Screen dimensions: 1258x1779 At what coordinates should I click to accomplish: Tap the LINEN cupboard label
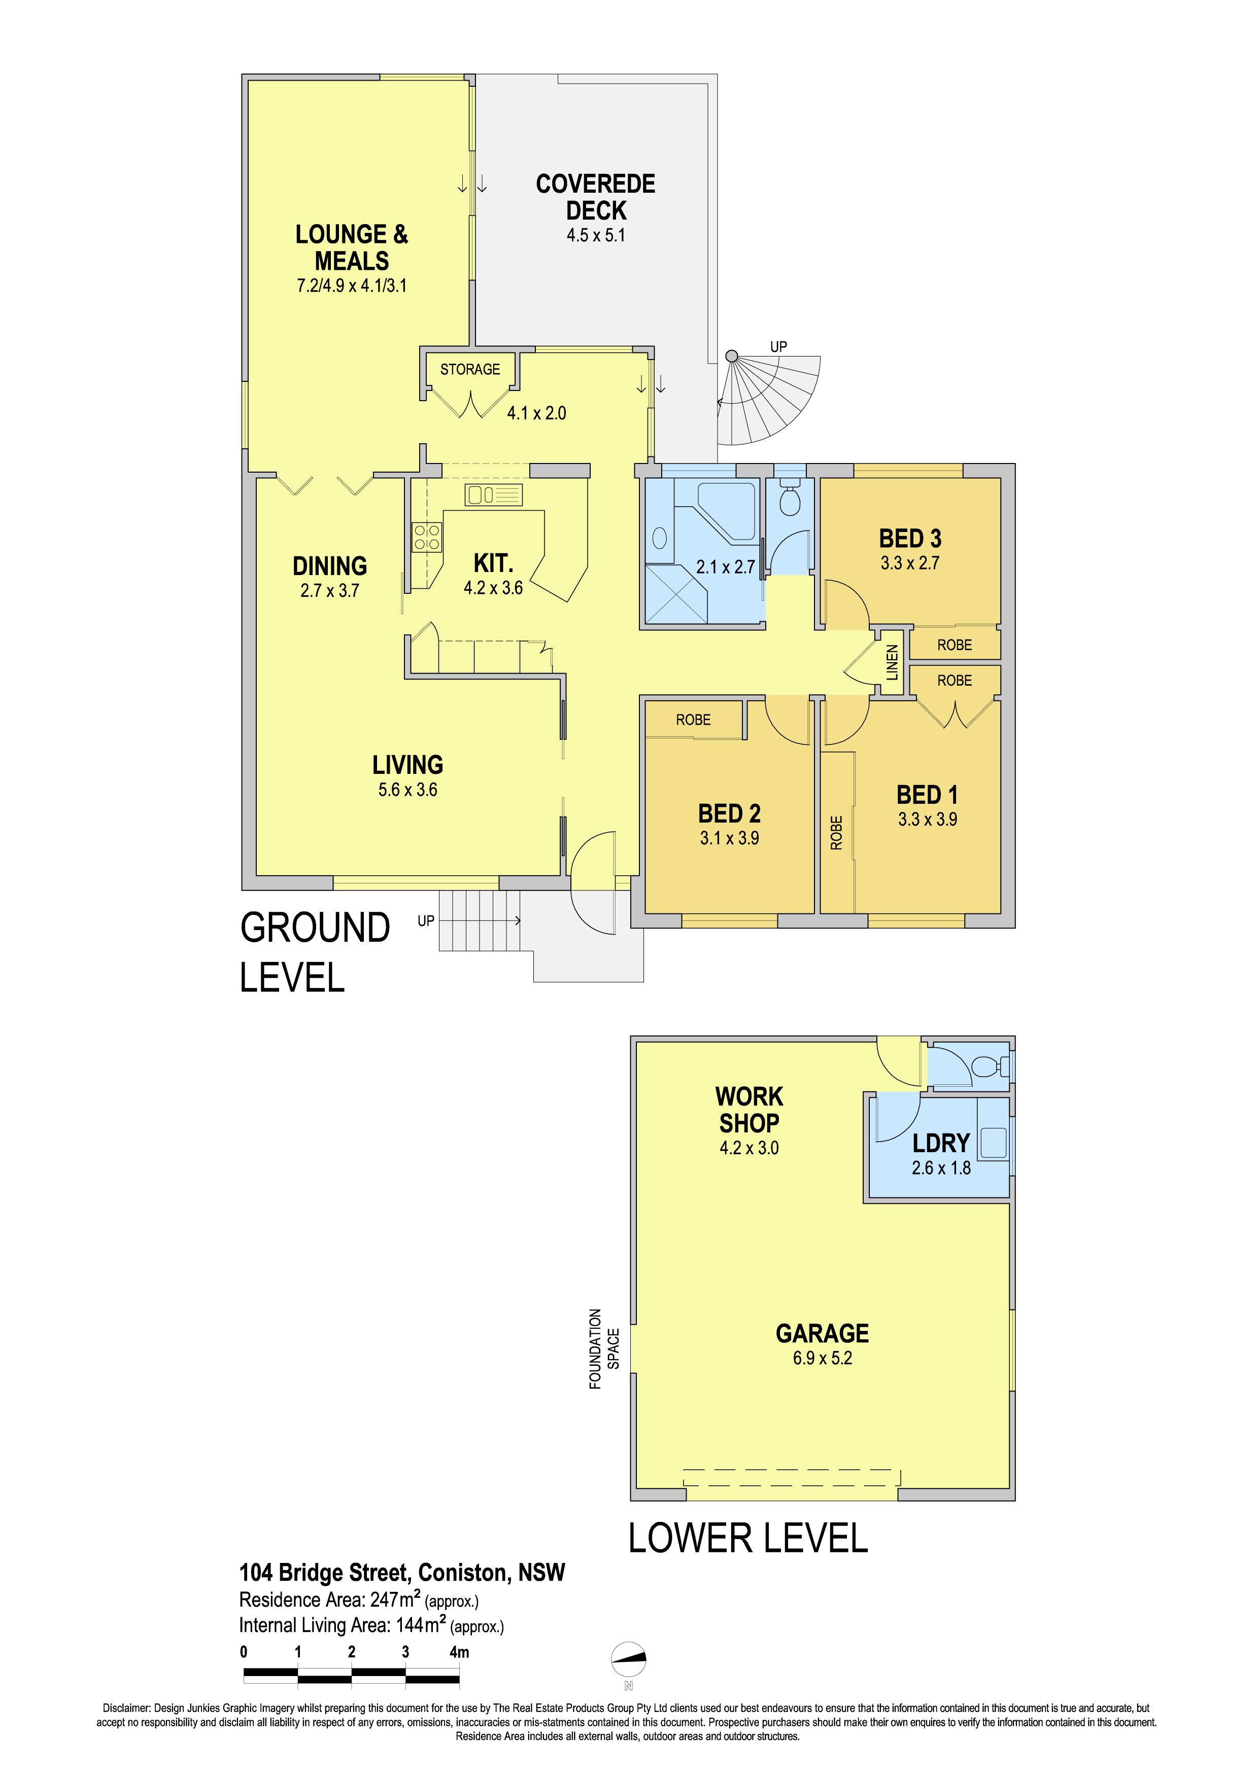point(892,662)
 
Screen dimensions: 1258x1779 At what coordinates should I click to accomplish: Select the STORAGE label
point(470,370)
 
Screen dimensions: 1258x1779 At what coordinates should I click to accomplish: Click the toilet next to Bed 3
point(789,498)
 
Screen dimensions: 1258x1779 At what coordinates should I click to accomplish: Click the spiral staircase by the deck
point(767,400)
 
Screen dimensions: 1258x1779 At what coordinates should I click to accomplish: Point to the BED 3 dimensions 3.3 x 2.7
point(909,563)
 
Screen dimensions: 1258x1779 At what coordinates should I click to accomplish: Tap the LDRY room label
point(941,1143)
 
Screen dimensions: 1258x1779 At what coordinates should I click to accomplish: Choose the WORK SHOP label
point(749,1110)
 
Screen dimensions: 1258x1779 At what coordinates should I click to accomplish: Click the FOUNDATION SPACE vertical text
point(604,1349)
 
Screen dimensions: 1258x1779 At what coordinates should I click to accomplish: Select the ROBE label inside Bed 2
point(693,720)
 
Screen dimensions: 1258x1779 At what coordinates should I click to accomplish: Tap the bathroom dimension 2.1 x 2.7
point(725,567)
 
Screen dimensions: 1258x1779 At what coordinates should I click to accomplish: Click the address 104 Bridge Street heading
point(402,1572)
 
